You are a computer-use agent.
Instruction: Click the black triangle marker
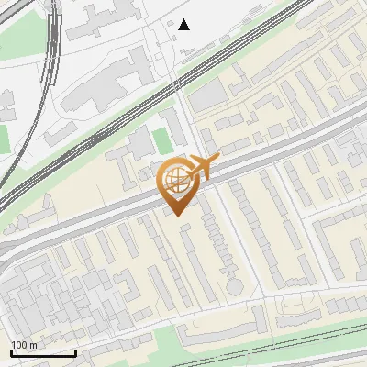tap(184, 25)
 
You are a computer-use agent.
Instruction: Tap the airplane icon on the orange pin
tap(204, 167)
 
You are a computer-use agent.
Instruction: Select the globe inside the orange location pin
tap(175, 180)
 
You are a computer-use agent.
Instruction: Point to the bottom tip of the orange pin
tap(177, 217)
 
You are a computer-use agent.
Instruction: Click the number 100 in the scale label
tap(18, 345)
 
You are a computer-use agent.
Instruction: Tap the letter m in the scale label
tap(33, 345)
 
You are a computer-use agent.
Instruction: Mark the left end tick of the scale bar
tap(11, 352)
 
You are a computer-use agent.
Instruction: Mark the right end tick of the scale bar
tap(75, 352)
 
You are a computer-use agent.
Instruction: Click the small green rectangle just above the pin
tap(162, 141)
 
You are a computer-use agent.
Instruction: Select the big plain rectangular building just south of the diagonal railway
tap(208, 95)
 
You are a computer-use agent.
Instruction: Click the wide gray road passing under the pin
tap(110, 220)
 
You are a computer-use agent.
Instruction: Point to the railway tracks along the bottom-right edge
tap(303, 344)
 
